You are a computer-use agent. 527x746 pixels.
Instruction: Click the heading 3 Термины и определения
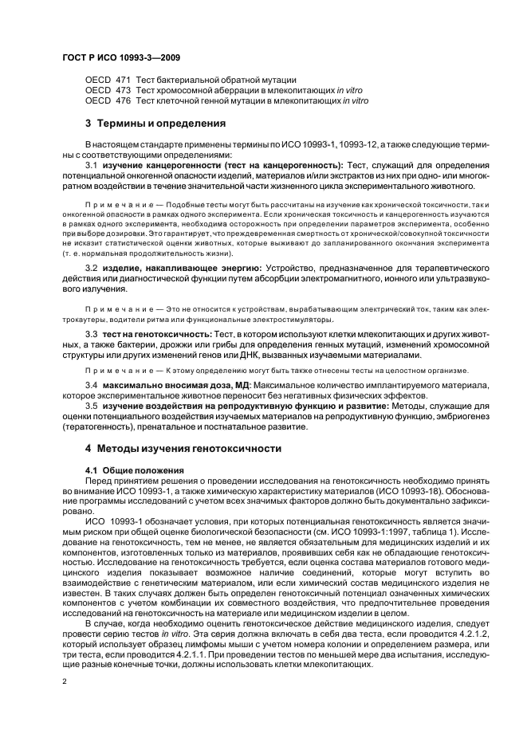[x=144, y=124]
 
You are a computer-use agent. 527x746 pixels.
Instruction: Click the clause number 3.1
[x=91, y=164]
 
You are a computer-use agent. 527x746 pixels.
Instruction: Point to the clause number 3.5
[x=91, y=406]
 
